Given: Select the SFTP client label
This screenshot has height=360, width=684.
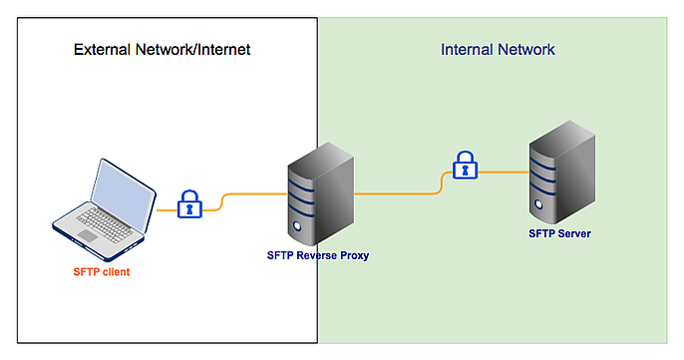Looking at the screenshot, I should coord(102,272).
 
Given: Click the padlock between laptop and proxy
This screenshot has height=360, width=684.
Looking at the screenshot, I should coord(188,204).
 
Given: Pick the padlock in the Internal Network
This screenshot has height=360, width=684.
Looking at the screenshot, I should coord(464,166).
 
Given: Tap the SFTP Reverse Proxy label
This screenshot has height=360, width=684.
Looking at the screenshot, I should coord(318,255).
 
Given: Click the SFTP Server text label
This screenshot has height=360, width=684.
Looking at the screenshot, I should coord(559,233).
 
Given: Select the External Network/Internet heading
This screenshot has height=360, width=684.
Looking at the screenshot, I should coord(162,49).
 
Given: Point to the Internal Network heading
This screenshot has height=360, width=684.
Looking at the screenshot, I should coord(498,49).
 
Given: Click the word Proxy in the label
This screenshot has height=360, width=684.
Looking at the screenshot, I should coord(353,255).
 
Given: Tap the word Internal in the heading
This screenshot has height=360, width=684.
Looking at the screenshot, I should coord(469,49).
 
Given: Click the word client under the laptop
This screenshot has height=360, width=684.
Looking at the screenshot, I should coord(115,272).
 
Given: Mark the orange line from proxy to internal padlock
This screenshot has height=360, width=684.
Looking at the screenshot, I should coord(399,193).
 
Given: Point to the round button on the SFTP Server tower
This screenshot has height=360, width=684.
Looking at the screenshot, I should coord(539,206).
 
